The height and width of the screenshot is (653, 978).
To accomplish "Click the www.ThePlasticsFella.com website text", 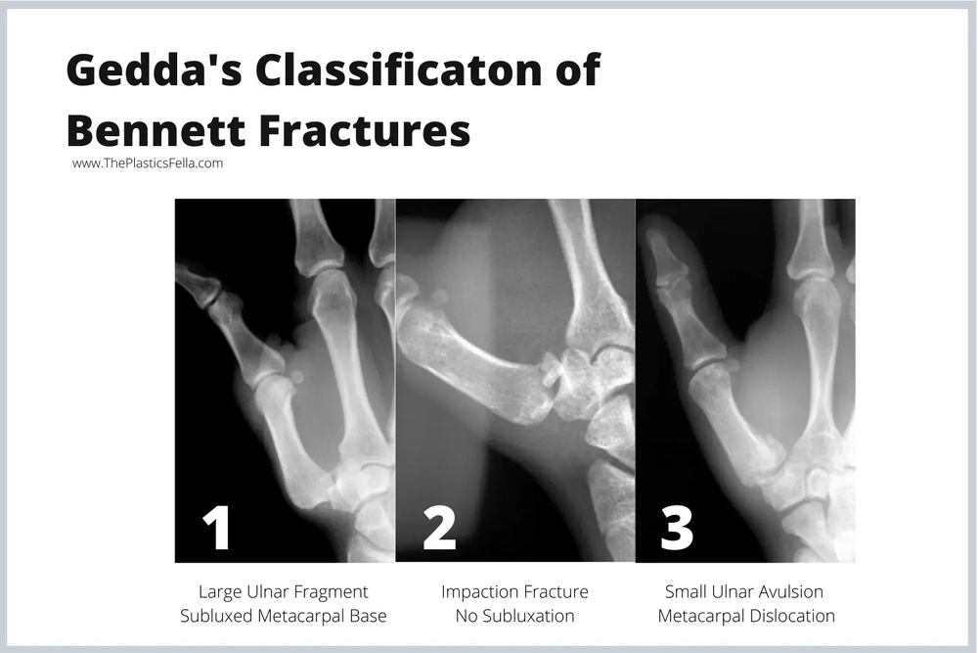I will [148, 163].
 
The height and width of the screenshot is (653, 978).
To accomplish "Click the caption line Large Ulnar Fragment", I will [284, 591].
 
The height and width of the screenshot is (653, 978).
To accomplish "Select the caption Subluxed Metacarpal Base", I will [284, 616].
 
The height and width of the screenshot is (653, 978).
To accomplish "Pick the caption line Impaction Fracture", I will [514, 591].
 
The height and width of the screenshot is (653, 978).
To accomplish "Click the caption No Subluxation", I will [514, 616].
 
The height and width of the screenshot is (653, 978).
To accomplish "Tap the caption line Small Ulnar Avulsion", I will [744, 591].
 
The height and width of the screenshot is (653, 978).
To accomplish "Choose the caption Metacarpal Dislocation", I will [745, 616].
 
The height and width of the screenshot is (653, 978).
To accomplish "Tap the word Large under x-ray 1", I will [219, 591].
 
